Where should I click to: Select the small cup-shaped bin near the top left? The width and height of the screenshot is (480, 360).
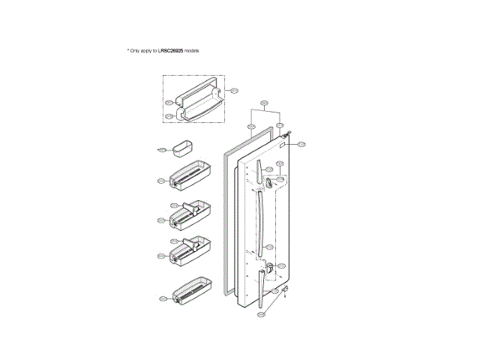click(x=182, y=149)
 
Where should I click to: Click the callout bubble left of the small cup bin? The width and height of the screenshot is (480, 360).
click(x=161, y=150)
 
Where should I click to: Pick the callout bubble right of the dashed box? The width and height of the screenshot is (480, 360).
click(x=233, y=91)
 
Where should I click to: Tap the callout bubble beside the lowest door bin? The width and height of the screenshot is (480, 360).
click(x=163, y=298)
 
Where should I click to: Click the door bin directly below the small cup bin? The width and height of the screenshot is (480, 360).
click(x=191, y=176)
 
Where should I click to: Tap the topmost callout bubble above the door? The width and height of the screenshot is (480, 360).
click(x=264, y=103)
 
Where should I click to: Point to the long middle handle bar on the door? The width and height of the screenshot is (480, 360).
click(x=259, y=222)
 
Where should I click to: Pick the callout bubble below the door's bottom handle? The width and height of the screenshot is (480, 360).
click(x=260, y=314)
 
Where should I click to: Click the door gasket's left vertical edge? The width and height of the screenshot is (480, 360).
click(x=225, y=225)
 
